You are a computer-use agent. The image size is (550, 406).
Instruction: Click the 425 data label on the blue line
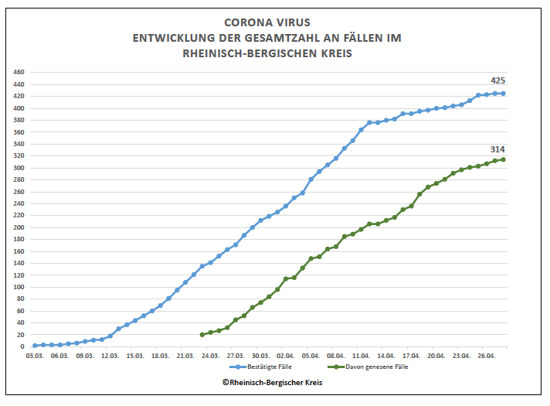pos(497,80)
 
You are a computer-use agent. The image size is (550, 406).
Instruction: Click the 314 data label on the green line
pos(497,148)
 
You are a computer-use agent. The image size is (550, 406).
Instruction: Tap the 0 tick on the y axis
pos(23,346)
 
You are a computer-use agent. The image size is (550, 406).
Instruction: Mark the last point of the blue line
pos(504,94)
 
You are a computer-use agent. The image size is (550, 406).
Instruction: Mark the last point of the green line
pos(504,159)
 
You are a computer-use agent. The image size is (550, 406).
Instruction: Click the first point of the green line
pos(202,335)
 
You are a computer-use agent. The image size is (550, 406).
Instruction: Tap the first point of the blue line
pos(35,346)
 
